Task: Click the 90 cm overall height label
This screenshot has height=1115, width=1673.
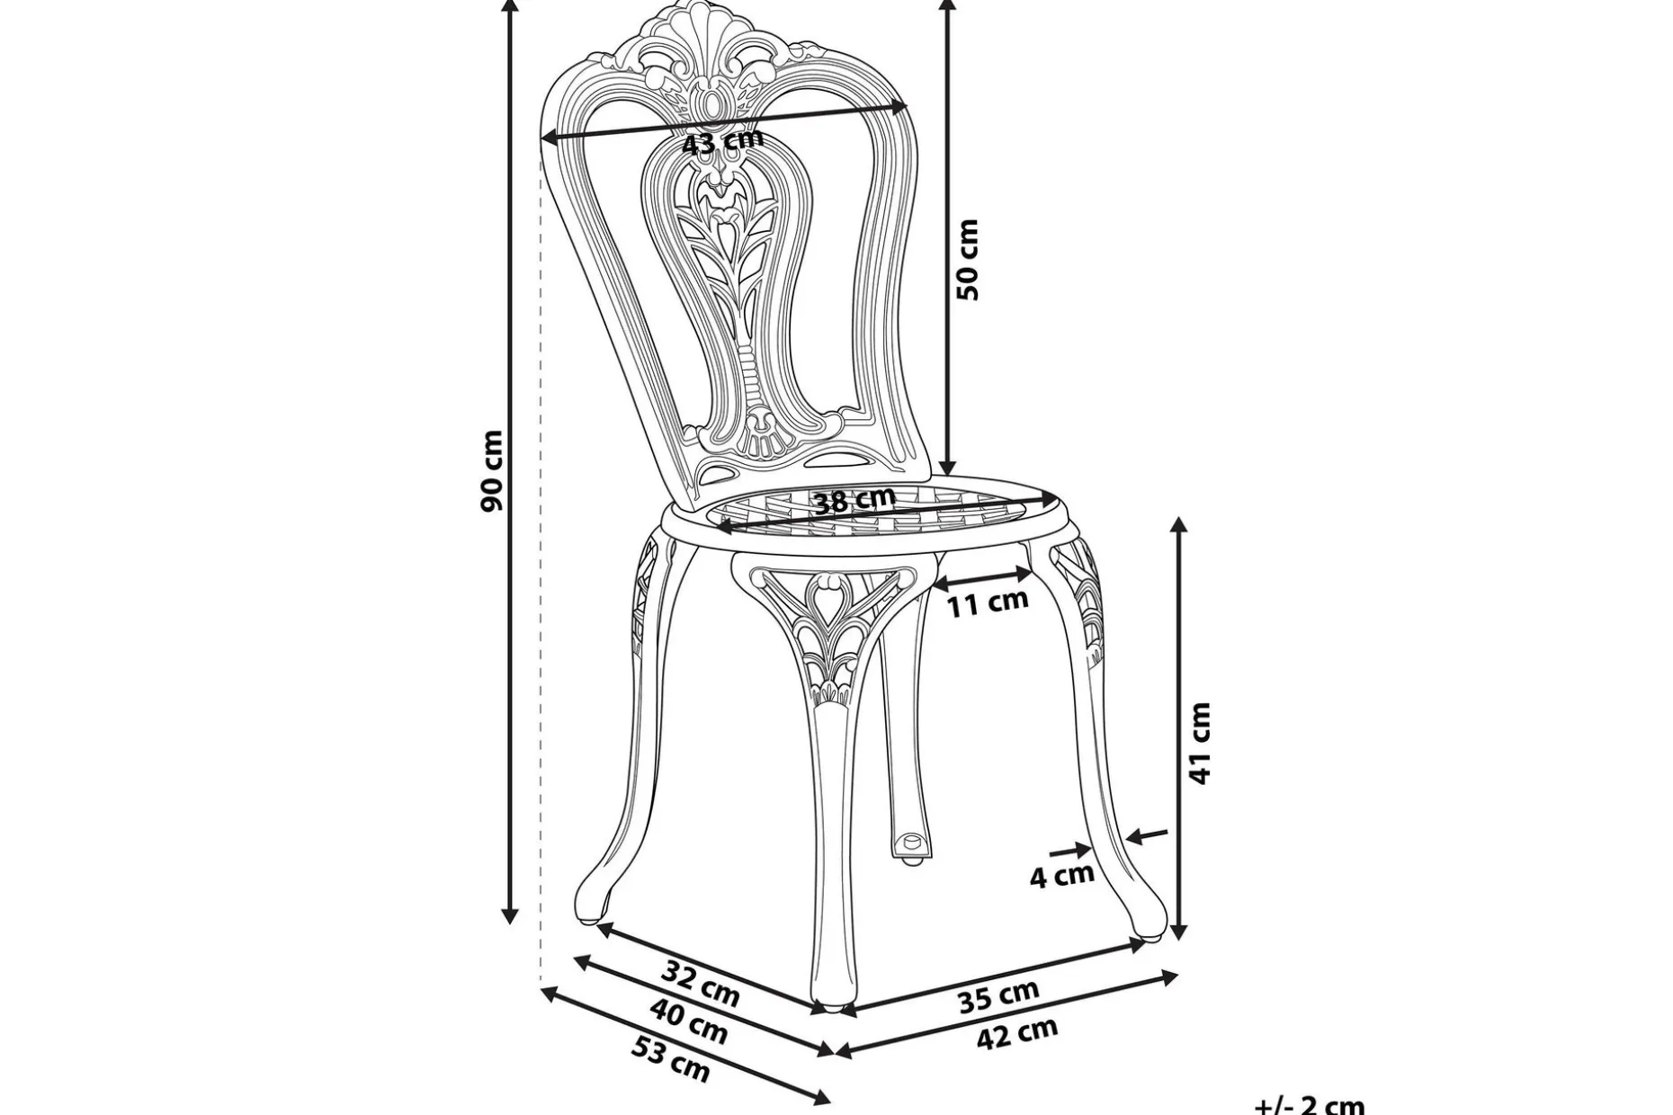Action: click(x=492, y=471)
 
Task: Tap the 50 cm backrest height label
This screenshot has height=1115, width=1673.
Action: click(x=967, y=259)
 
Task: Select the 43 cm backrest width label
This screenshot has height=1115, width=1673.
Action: click(x=722, y=141)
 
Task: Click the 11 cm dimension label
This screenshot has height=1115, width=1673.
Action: click(x=987, y=602)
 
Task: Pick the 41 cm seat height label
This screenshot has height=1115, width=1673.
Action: click(x=1201, y=744)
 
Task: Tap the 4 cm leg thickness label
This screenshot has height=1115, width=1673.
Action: click(x=1061, y=874)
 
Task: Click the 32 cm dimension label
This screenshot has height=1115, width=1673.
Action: click(x=701, y=984)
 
